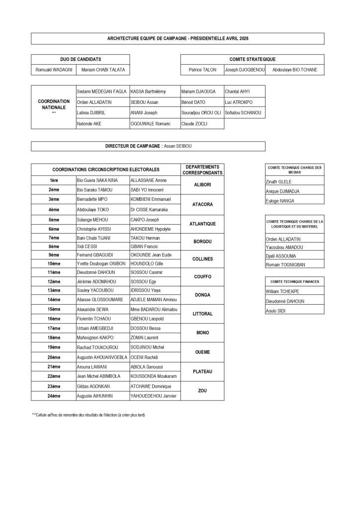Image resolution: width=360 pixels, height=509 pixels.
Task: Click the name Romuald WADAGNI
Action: [54, 70]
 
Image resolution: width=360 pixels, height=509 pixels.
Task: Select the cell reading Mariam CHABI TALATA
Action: [103, 70]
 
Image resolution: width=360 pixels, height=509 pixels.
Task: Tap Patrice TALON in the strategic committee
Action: [202, 70]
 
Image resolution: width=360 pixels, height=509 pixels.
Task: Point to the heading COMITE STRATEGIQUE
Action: [252, 59]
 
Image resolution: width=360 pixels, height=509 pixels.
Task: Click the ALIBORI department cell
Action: [202, 185]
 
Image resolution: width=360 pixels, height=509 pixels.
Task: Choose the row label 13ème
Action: [54, 290]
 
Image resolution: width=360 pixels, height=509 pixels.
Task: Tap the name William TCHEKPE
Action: [282, 292]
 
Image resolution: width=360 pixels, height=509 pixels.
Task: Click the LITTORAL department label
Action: [202, 314]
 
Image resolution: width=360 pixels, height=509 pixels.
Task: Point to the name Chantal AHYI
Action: [237, 91]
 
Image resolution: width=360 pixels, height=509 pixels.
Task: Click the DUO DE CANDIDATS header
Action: [81, 59]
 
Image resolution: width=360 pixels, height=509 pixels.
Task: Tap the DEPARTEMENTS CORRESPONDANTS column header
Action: [202, 170]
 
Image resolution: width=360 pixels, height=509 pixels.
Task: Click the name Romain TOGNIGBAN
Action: [285, 265]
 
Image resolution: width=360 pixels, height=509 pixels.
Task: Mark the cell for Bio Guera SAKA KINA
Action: [97, 180]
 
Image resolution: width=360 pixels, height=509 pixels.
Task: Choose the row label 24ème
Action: [54, 396]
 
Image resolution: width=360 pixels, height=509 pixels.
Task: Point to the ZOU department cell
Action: [202, 391]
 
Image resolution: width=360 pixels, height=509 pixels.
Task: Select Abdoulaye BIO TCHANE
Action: [294, 70]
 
